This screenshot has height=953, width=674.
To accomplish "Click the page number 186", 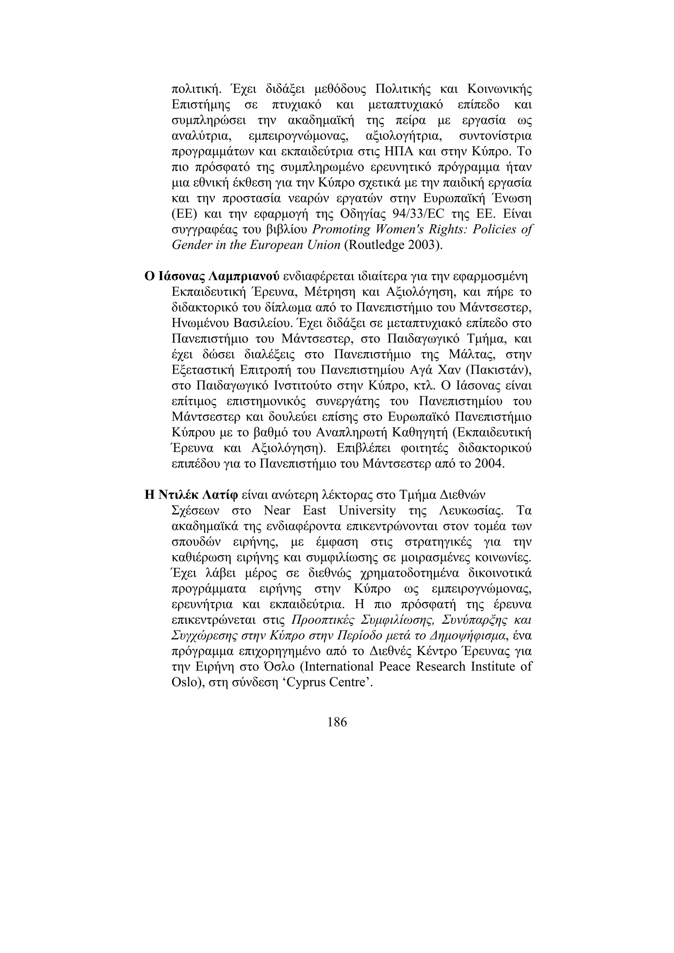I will [x=337, y=722].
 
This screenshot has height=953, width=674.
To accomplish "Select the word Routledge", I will [x=376, y=245].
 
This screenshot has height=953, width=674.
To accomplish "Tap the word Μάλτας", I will [x=470, y=354].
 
